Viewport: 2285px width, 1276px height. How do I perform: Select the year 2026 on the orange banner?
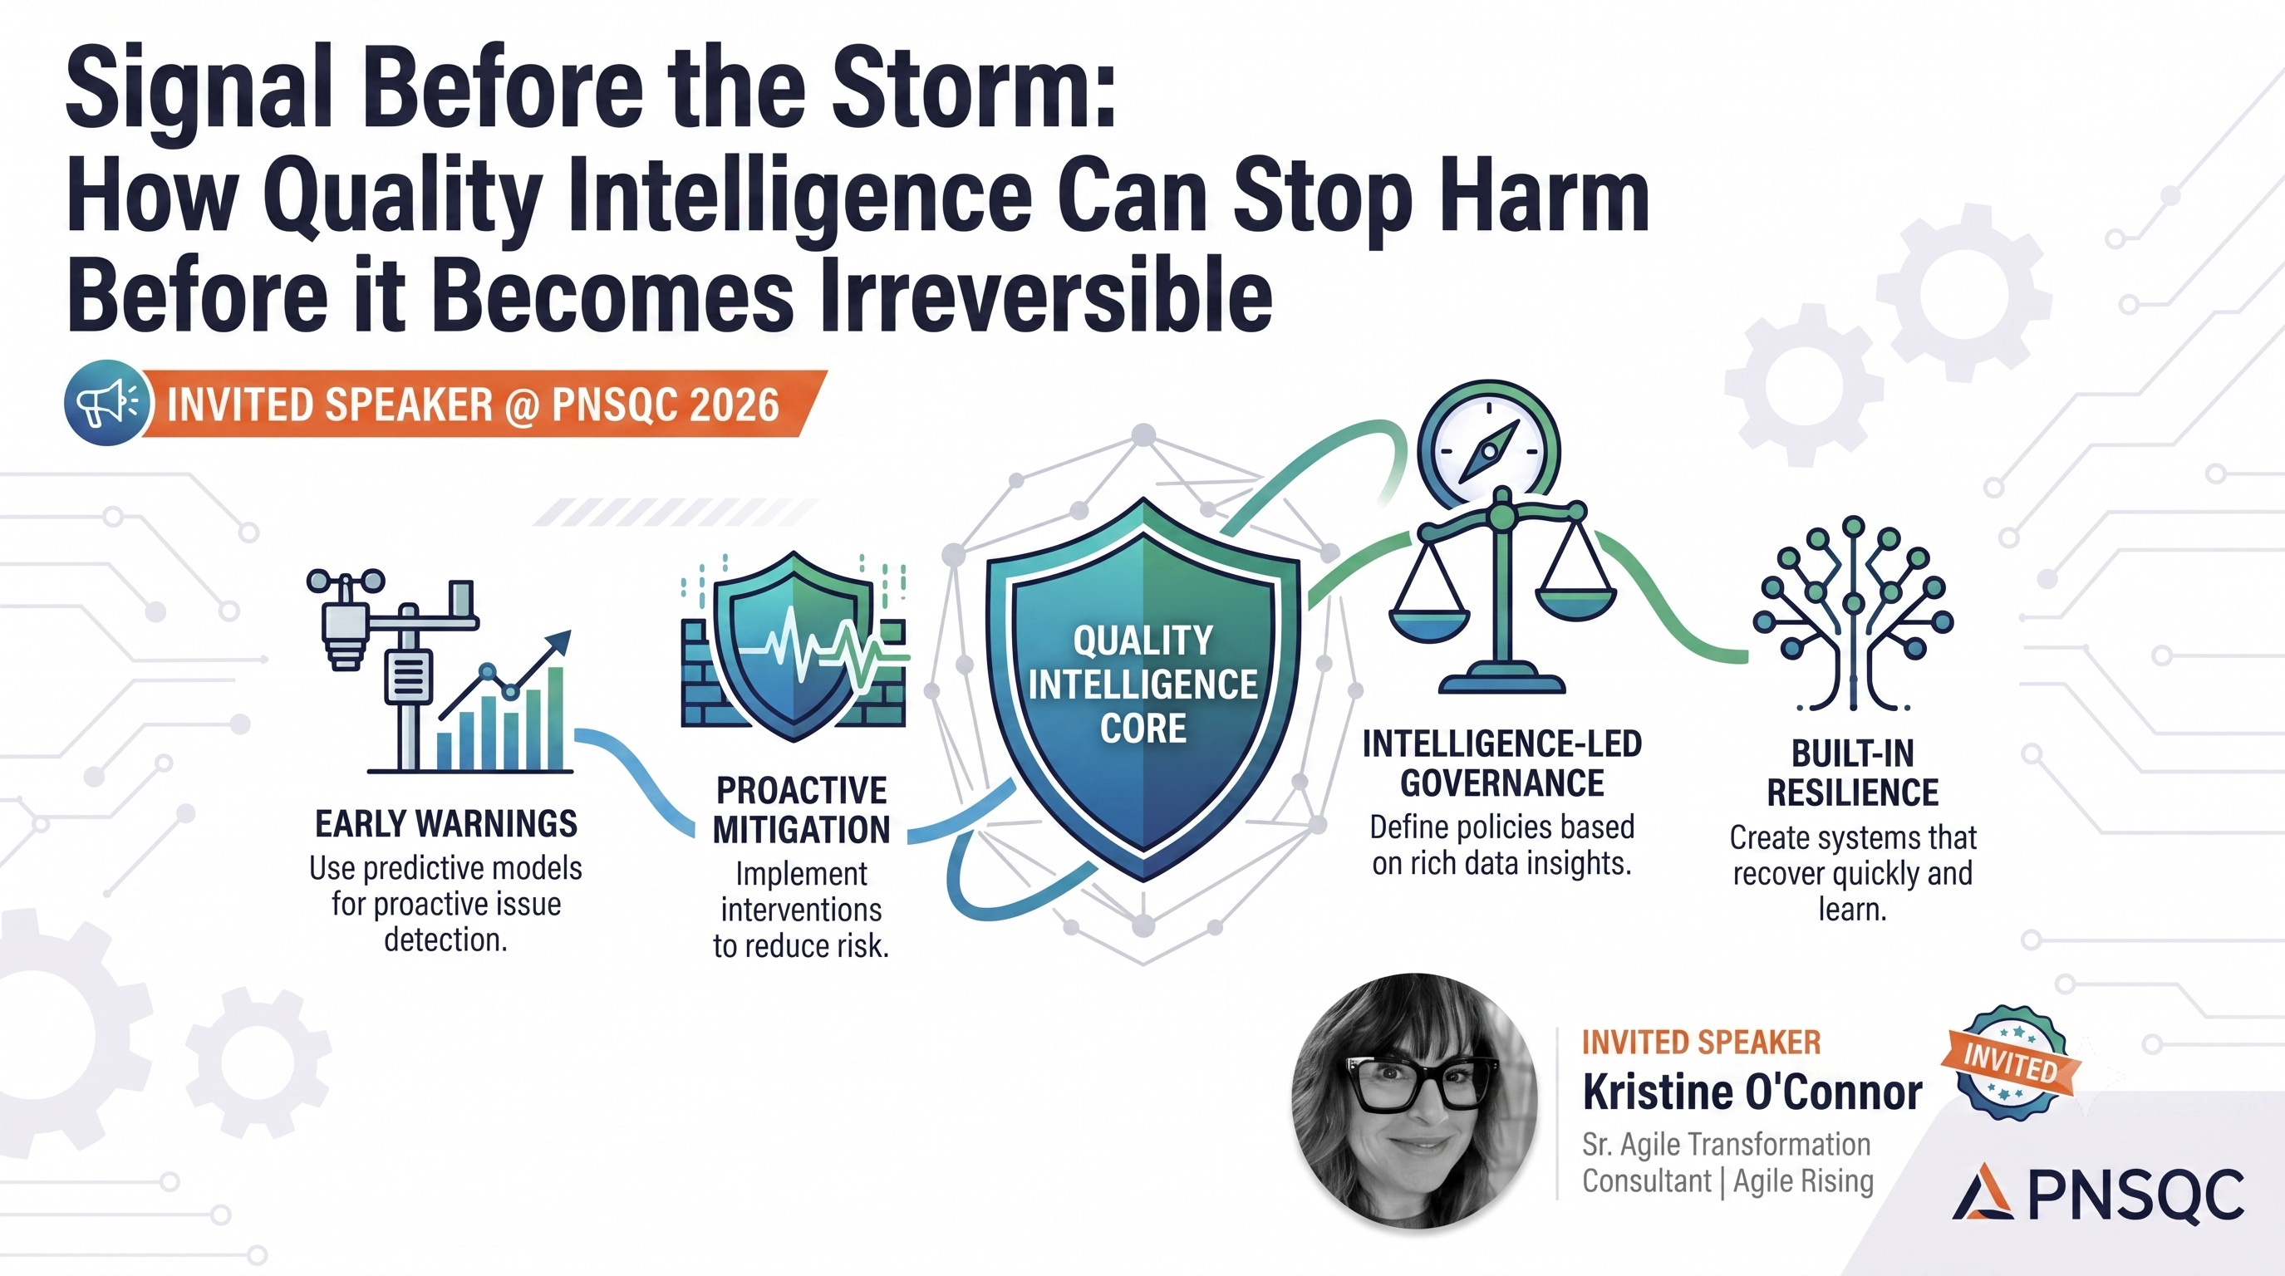(734, 405)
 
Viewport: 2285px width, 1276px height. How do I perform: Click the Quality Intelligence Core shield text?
(1142, 684)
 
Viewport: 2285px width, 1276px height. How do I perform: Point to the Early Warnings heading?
(446, 824)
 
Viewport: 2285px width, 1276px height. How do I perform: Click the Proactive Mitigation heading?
(801, 811)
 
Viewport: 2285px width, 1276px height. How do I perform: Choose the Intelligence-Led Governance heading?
(1501, 763)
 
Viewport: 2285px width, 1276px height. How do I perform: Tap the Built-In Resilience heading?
(1852, 773)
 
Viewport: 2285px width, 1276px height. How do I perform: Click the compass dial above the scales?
(1488, 448)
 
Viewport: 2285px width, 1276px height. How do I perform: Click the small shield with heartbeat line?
(794, 645)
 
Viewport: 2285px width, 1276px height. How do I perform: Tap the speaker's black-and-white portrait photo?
(1415, 1101)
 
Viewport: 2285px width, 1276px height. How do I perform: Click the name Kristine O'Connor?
(1752, 1092)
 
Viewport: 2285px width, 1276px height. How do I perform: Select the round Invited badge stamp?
(2010, 1063)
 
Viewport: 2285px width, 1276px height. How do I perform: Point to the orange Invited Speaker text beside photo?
(1702, 1042)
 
